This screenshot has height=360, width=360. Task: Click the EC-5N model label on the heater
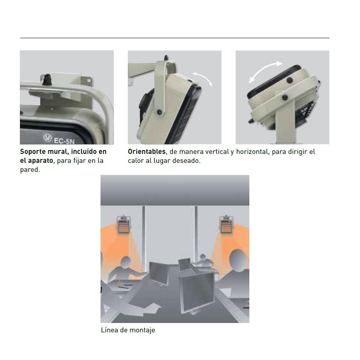[x=64, y=140]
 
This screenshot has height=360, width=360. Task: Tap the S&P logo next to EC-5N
[x=48, y=138]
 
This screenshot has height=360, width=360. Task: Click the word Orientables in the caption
[x=147, y=152]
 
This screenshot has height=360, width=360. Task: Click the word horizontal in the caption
[x=252, y=152]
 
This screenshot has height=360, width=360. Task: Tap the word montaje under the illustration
[x=142, y=330]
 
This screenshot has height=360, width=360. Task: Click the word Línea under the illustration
[x=109, y=330]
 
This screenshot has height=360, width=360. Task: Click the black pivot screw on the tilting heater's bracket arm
[x=159, y=112]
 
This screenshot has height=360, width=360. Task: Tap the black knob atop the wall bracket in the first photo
[x=47, y=79]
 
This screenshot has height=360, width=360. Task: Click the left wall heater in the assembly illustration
[x=124, y=224]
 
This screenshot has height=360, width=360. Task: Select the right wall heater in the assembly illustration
[x=226, y=224]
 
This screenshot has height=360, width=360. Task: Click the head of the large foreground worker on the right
[x=238, y=261]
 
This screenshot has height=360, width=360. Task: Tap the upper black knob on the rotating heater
[x=290, y=80]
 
